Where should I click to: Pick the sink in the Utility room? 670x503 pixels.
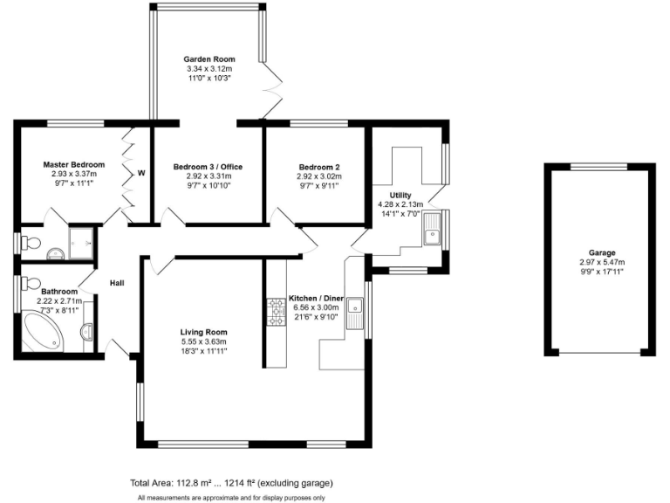point(433,232)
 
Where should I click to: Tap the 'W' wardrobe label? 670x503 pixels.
point(140,173)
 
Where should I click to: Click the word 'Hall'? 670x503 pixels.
point(119,283)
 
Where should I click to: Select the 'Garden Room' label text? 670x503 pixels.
point(209,59)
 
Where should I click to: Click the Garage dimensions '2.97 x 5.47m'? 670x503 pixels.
point(602,262)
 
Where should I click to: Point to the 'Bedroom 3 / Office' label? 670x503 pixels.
point(208,167)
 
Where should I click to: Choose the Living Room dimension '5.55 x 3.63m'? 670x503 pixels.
point(204,341)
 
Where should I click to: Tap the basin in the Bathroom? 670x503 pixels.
point(86,332)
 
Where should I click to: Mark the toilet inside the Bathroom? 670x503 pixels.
point(29,285)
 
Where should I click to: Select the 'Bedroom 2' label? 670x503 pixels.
point(318,167)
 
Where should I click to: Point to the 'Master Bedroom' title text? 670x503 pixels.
point(74,164)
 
